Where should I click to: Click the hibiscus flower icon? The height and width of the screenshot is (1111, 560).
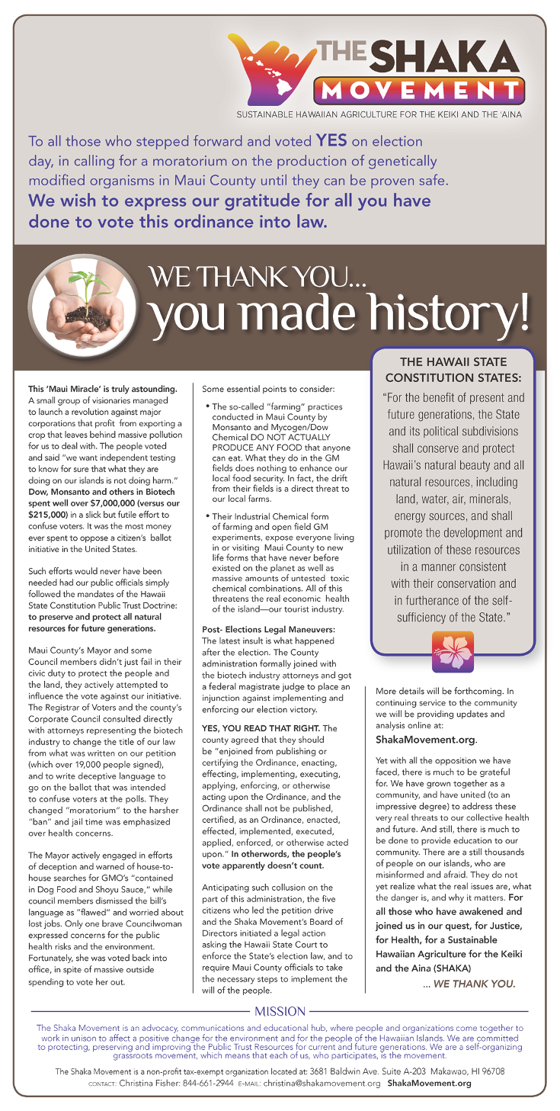click(453, 650)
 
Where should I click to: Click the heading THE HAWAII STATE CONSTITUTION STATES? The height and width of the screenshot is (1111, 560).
click(453, 369)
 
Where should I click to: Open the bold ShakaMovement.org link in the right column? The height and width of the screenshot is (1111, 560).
click(425, 740)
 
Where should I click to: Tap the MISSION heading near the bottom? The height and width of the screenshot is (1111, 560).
click(280, 1011)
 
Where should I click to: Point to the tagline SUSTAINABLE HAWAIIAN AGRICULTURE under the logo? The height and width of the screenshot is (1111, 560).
click(379, 115)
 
